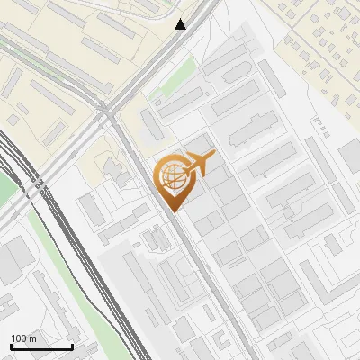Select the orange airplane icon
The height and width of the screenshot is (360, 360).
(x=198, y=166)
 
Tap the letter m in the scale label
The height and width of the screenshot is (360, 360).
(x=32, y=338)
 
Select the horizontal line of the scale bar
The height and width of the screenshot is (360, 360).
(x=41, y=347)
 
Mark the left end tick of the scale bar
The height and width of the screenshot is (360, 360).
(x=11, y=346)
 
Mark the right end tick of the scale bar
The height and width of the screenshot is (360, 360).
(x=72, y=346)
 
